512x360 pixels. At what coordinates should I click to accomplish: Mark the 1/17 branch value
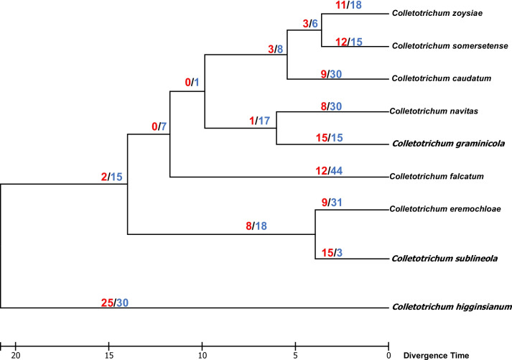[259, 121]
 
